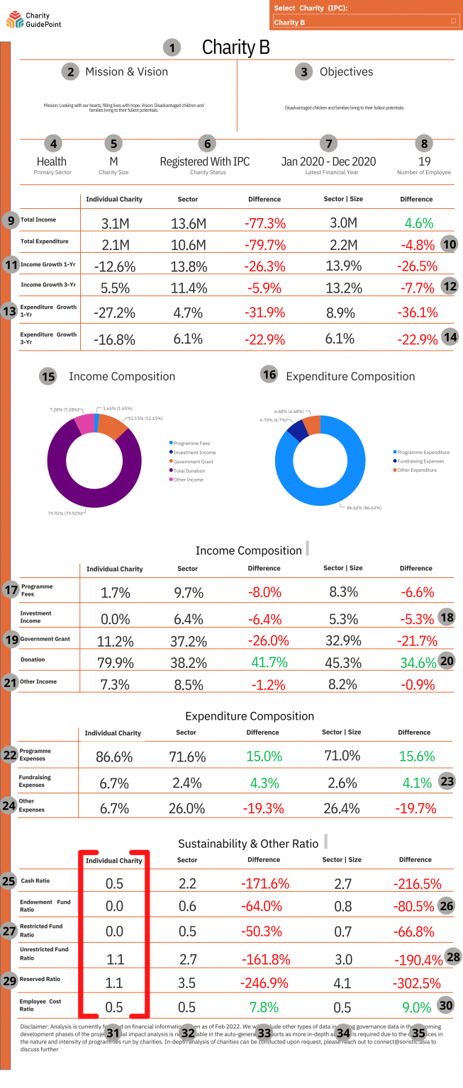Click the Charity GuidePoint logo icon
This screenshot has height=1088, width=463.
click(x=14, y=20)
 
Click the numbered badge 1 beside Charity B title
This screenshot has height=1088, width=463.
click(x=172, y=48)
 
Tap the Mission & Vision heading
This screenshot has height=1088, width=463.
click(x=126, y=72)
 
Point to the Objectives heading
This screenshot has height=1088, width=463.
click(x=346, y=72)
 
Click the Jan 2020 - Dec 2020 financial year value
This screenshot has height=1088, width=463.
click(x=328, y=161)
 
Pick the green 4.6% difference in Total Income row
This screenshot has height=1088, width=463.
click(x=418, y=223)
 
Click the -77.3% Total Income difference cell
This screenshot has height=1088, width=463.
click(x=264, y=224)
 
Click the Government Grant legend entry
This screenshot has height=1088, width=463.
click(x=193, y=461)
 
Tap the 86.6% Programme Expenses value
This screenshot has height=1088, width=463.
click(x=114, y=756)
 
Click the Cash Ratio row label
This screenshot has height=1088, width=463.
click(x=35, y=880)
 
